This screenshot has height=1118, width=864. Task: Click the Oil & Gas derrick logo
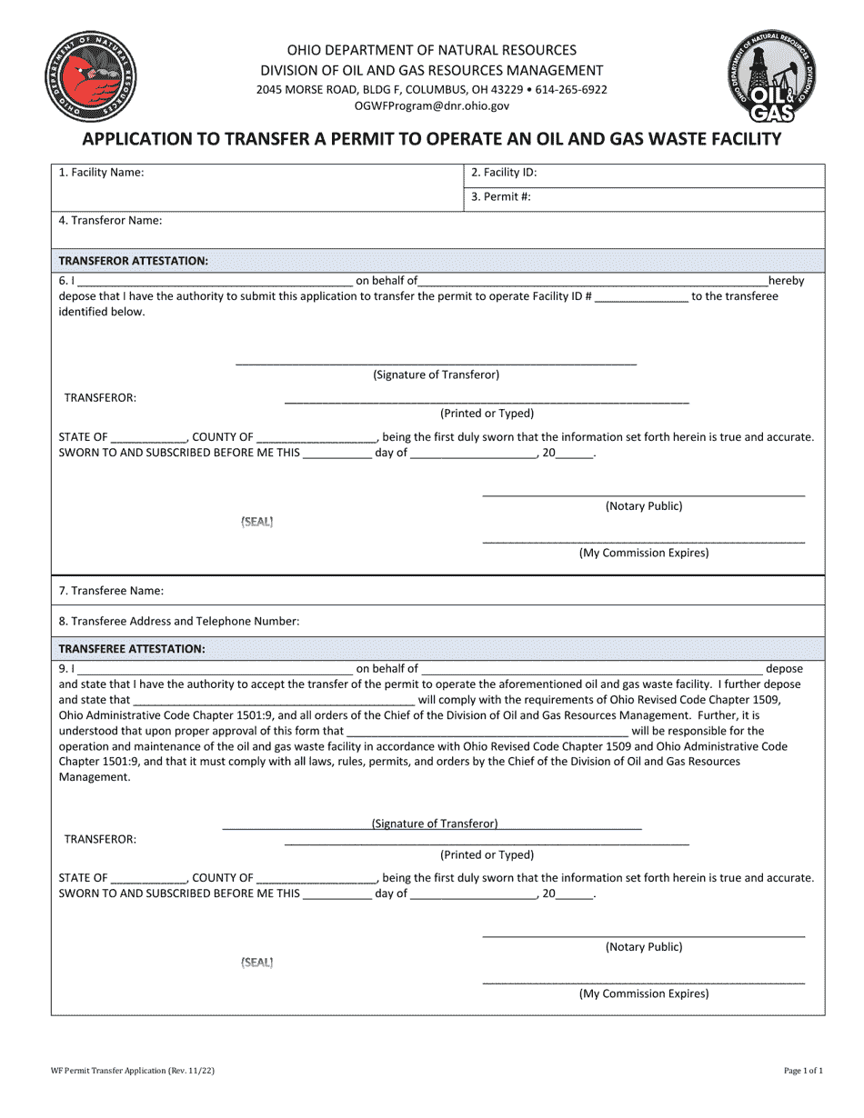(774, 75)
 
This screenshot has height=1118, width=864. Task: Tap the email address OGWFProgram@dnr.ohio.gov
(431, 106)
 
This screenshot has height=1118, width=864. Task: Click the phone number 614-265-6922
(572, 90)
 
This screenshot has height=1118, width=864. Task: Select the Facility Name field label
(101, 172)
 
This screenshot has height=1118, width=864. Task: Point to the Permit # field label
(501, 196)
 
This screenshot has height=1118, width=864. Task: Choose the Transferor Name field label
(110, 221)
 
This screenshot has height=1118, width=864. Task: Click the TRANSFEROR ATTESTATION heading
(134, 261)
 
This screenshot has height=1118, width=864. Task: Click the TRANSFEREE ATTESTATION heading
(132, 649)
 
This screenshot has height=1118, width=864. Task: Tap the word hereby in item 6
(786, 281)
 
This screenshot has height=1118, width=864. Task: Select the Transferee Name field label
(111, 591)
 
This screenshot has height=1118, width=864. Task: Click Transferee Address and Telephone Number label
(178, 622)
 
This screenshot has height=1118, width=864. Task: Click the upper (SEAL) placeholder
(256, 522)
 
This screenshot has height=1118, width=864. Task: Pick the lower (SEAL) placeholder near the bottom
(256, 963)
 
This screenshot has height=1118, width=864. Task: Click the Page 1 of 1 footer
(803, 1072)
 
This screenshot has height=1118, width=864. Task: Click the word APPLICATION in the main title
(137, 139)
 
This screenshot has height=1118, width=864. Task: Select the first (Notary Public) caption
(644, 506)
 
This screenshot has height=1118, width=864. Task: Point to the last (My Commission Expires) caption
(644, 993)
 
